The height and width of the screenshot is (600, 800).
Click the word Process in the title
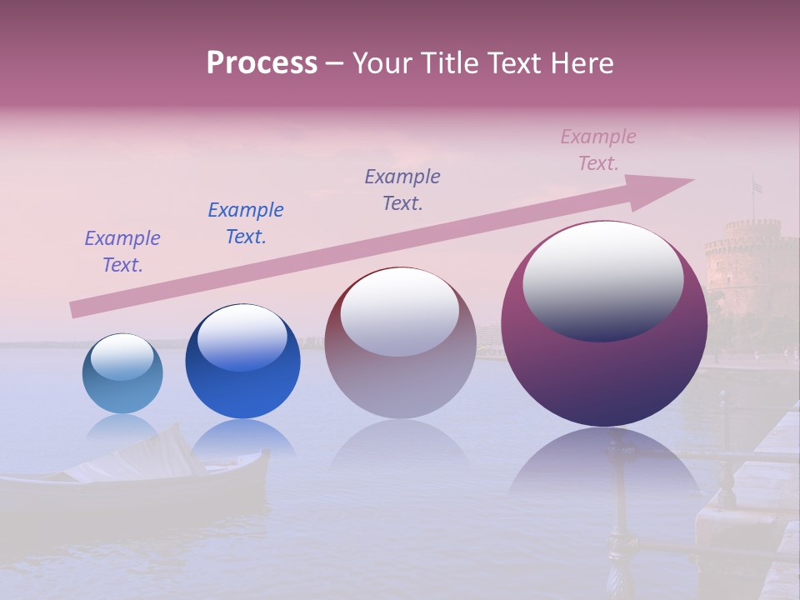(x=262, y=63)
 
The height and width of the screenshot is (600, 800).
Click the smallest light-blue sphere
(x=122, y=374)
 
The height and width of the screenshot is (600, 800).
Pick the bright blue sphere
(x=242, y=362)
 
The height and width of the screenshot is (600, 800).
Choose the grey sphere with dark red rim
(x=400, y=343)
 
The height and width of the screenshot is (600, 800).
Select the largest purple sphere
(x=604, y=324)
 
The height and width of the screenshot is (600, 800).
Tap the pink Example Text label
(x=598, y=150)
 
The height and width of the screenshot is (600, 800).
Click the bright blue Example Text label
(x=246, y=223)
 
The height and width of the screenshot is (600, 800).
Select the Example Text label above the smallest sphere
(x=122, y=252)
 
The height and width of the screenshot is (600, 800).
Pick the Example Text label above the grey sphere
(x=402, y=189)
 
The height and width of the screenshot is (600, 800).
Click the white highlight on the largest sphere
(x=603, y=279)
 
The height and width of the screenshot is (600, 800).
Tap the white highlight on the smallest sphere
(x=122, y=356)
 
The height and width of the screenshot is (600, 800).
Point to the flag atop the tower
(x=757, y=186)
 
